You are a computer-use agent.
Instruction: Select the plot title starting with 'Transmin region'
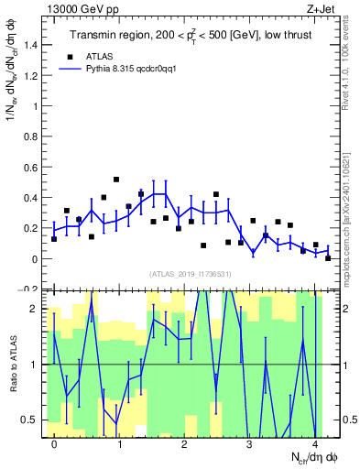tap(184, 36)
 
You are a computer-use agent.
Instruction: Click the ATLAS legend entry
tap(100, 55)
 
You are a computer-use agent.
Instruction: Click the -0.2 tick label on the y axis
tap(29, 289)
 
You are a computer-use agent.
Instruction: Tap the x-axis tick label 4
tap(314, 445)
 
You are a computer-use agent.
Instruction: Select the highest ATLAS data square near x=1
tap(116, 180)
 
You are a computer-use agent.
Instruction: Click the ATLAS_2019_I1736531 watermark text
tap(189, 273)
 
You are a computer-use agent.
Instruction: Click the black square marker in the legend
tap(67, 55)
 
